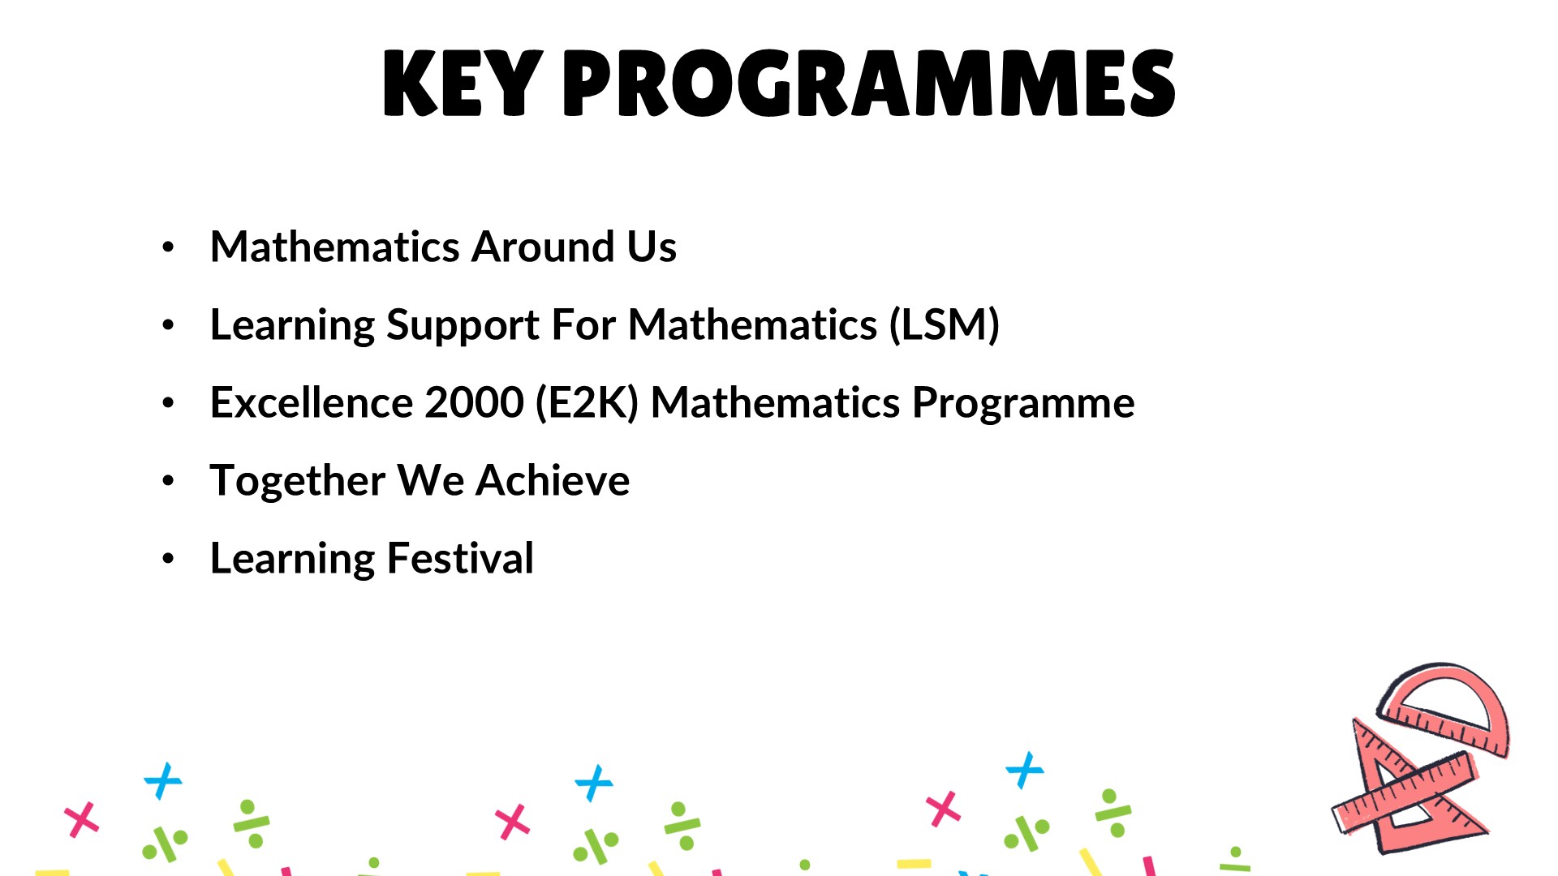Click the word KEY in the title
click(x=462, y=83)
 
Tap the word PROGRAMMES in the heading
click(x=868, y=83)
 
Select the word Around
click(x=543, y=247)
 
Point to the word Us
click(x=652, y=247)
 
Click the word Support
click(x=463, y=326)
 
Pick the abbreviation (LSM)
click(x=945, y=324)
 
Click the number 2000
click(x=474, y=402)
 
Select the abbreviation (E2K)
click(x=587, y=402)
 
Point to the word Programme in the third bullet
click(x=1023, y=404)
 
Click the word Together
click(x=298, y=481)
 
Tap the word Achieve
click(x=553, y=480)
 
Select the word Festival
click(x=460, y=558)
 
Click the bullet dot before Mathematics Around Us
click(x=168, y=247)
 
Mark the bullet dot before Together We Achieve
click(x=168, y=481)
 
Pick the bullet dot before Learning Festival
click(x=168, y=559)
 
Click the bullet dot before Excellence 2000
click(x=168, y=403)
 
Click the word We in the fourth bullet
click(x=431, y=480)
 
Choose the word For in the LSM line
click(x=583, y=324)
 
